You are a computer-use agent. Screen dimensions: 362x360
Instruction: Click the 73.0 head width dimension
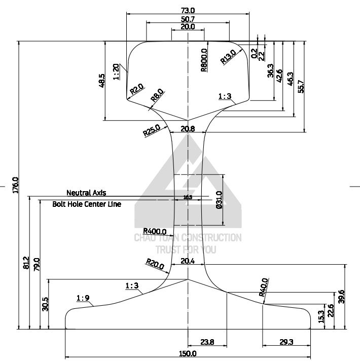tap(188, 10)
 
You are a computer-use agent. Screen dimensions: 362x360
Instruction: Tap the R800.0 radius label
tap(204, 60)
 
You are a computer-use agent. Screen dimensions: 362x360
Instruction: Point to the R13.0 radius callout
tap(228, 56)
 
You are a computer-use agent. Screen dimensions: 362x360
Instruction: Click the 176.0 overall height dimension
tap(15, 185)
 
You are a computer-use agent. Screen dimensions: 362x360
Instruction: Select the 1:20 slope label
tap(117, 71)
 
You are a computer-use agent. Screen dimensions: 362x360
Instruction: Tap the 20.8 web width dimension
tap(188, 129)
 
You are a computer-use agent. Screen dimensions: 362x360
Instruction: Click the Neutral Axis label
tap(86, 193)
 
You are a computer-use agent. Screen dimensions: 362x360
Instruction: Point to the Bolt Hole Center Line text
tap(87, 204)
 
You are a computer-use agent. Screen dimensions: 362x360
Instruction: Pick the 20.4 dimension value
tap(188, 261)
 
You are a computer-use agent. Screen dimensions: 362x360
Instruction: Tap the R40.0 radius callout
tap(263, 287)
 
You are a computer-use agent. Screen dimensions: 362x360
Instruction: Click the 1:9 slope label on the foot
tap(83, 298)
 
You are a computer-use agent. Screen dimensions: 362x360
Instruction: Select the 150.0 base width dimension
tap(188, 353)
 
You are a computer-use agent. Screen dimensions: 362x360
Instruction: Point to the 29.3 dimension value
tap(286, 342)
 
